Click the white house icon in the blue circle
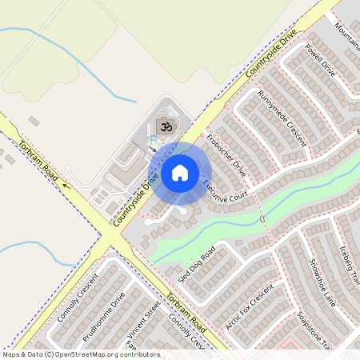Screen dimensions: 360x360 pyautogui.click(x=180, y=172)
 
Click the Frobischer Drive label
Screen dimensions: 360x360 pyautogui.click(x=226, y=154)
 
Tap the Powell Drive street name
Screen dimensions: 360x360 pyautogui.click(x=320, y=59)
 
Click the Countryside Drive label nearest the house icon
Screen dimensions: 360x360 pyautogui.click(x=134, y=201)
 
